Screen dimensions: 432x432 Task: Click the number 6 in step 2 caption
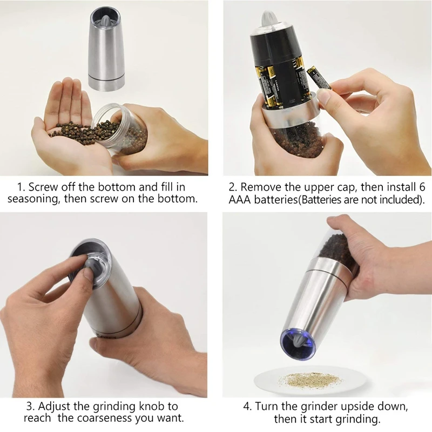click(422, 187)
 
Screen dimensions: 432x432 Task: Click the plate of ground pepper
click(310, 380)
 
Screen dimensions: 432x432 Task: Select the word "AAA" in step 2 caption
click(240, 200)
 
